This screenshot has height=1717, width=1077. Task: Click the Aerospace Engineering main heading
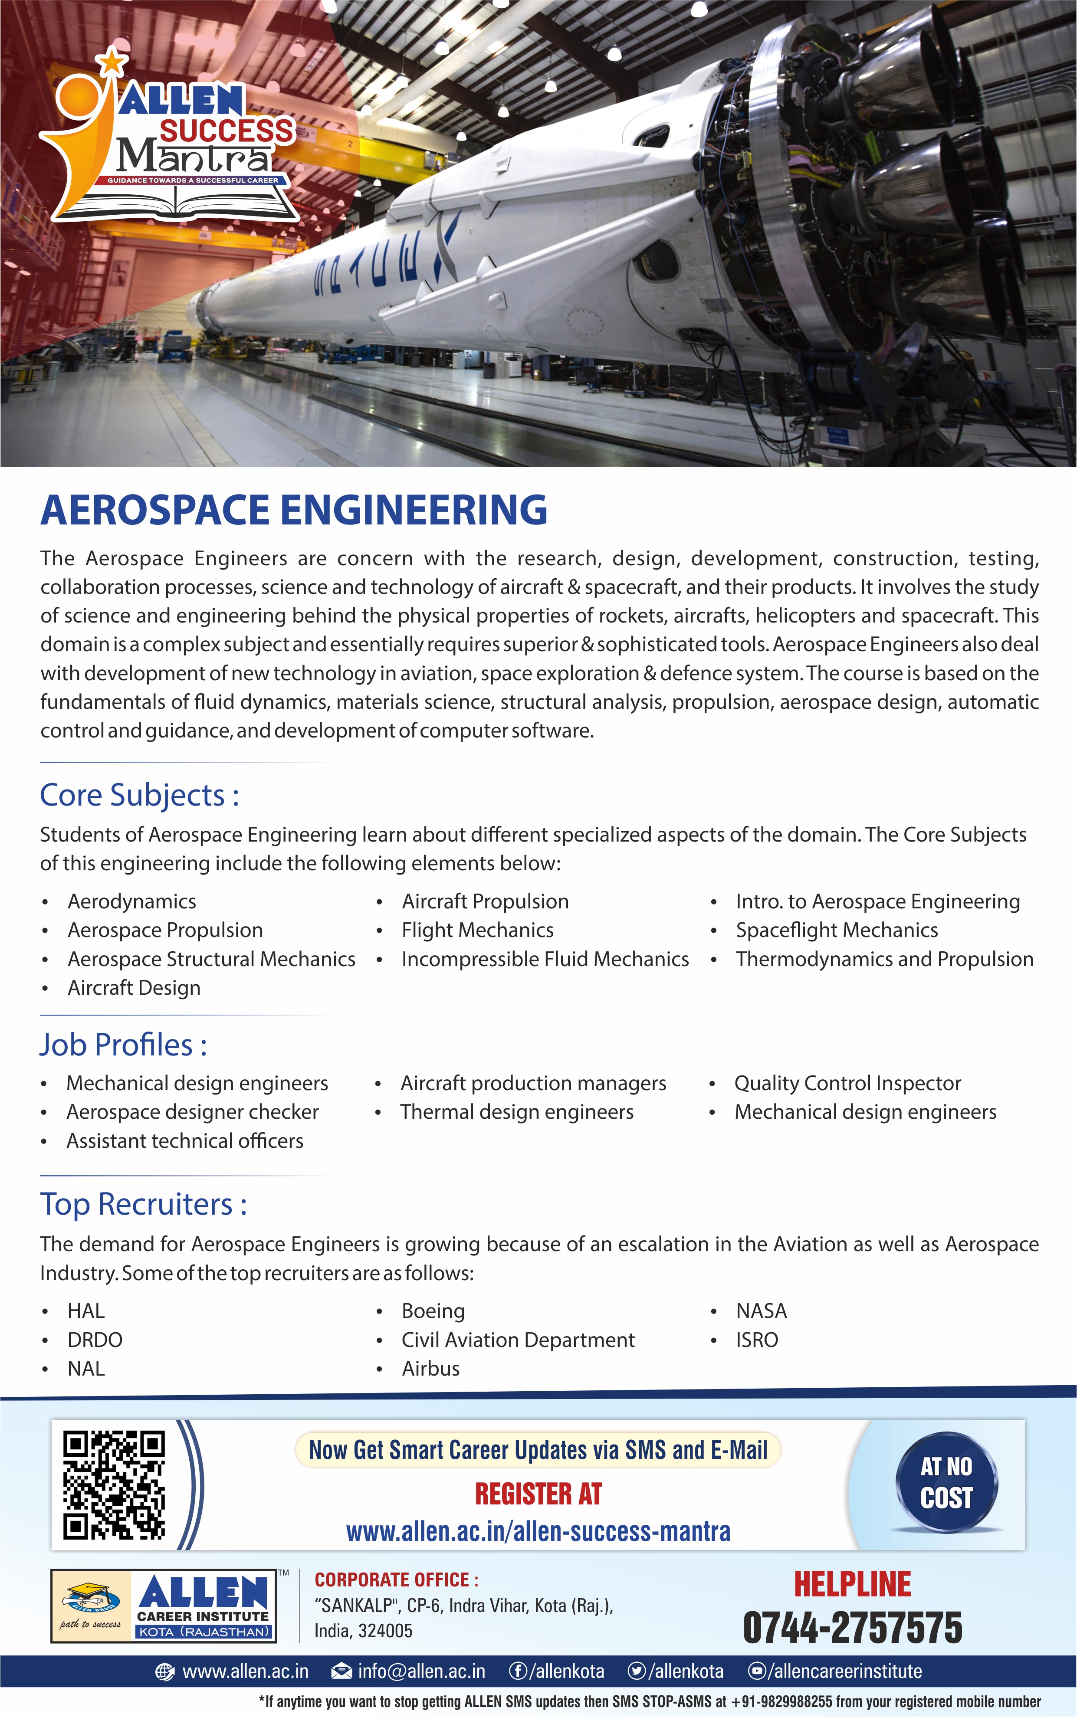coord(293,510)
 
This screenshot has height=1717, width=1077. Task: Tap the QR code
coord(114,1485)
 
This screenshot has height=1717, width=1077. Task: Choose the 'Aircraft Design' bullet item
coord(134,988)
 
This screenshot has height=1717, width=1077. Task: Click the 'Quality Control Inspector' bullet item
coord(847,1083)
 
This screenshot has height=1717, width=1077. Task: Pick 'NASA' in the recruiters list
coord(761,1311)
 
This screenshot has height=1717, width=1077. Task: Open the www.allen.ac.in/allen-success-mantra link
coord(538,1531)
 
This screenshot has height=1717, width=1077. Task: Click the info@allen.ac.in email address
coord(421,1671)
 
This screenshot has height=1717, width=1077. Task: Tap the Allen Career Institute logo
coord(164,1606)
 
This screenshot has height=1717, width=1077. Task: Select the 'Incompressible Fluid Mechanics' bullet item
coord(545,959)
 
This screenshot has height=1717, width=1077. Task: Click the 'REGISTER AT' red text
coord(538,1494)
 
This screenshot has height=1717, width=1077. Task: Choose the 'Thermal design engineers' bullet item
coord(516,1112)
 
